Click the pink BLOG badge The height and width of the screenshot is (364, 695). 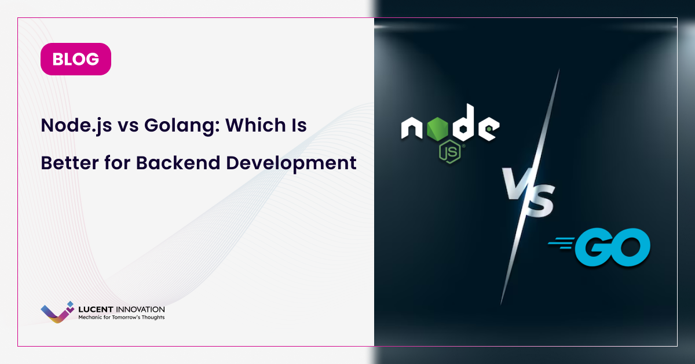pos(76,59)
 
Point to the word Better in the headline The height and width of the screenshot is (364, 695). pos(70,163)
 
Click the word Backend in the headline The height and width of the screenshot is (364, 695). pos(178,163)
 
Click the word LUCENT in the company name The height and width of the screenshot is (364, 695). pos(96,310)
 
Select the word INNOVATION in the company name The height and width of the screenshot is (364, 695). pos(140,310)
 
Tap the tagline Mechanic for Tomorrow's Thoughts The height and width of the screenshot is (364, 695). pos(121,317)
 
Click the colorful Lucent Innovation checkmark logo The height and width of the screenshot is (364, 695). pos(57,312)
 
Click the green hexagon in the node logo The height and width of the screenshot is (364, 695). pos(437,128)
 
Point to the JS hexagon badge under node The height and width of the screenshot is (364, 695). pos(450,151)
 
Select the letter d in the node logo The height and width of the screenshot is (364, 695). pos(463,122)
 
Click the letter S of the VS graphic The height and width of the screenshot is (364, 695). pos(539,201)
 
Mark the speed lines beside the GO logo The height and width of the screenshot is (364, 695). pos(561,243)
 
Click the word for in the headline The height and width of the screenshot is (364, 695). pos(117,162)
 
